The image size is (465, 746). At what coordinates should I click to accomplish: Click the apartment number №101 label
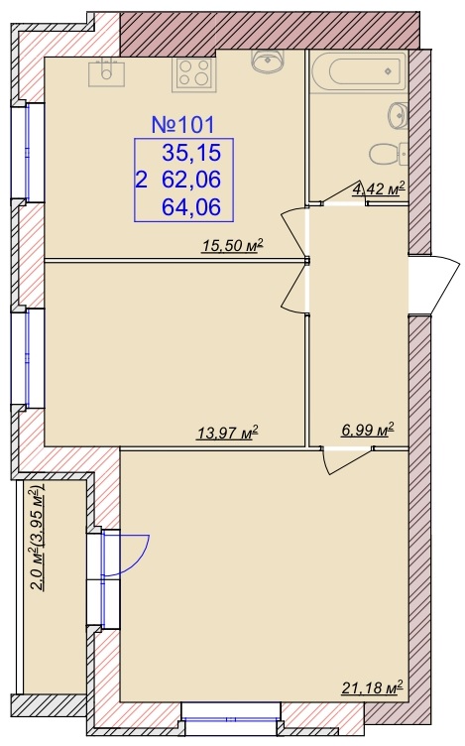click(x=183, y=125)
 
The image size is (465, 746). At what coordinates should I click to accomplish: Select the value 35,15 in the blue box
click(x=191, y=153)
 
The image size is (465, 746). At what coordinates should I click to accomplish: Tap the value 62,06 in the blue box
click(x=191, y=180)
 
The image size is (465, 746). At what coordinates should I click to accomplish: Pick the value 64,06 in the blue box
click(x=191, y=207)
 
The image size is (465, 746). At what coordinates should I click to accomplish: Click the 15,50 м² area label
click(x=232, y=246)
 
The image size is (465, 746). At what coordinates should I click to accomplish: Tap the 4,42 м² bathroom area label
click(x=379, y=189)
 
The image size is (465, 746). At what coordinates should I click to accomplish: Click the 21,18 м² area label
click(x=372, y=687)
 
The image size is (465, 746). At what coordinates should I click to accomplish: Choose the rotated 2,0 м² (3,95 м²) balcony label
click(x=37, y=538)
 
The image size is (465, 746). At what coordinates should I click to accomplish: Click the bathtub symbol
click(x=360, y=71)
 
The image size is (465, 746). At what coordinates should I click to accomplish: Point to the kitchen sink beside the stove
click(x=107, y=72)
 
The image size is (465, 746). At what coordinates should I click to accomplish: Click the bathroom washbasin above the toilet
click(x=399, y=115)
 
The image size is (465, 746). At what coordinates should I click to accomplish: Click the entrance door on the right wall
click(x=434, y=285)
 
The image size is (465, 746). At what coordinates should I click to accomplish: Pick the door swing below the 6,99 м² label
click(x=347, y=460)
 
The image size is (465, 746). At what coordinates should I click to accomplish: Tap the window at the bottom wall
click(x=232, y=718)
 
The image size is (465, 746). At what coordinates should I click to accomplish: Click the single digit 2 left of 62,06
click(x=141, y=181)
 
